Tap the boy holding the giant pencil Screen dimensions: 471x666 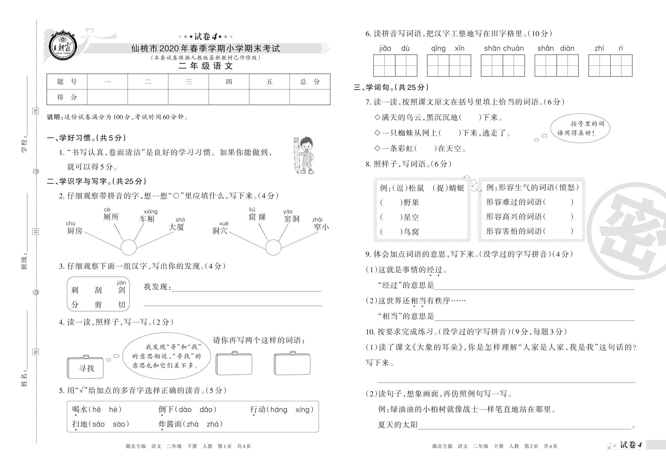305,155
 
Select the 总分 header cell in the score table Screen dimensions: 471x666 310,82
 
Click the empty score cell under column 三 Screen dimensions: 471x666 188,97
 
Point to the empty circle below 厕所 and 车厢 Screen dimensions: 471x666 129,247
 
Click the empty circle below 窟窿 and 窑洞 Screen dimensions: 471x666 273,247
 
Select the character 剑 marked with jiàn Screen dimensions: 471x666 122,290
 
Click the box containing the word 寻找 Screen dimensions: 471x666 85,368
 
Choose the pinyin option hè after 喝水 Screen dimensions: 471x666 113,409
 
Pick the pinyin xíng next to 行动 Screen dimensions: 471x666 303,409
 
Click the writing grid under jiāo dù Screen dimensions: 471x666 395,66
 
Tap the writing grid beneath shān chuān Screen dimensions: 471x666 503,66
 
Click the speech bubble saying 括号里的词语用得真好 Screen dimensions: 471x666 580,128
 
